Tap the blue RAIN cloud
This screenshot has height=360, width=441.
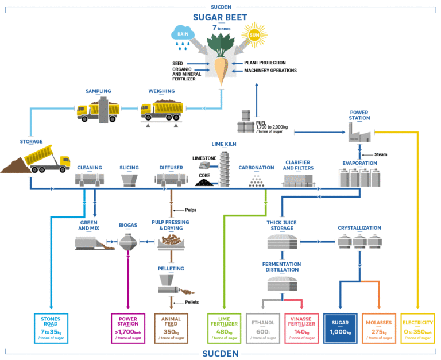184,33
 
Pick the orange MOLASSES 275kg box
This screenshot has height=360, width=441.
378,328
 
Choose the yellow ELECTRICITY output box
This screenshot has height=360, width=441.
417,328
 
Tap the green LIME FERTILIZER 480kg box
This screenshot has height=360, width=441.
224,328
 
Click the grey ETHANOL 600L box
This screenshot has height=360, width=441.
262,328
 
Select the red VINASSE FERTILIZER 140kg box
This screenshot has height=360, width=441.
301,328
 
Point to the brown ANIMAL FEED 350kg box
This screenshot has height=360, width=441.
172,328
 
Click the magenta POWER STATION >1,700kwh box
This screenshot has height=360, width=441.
128,328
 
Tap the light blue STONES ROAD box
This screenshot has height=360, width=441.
51,328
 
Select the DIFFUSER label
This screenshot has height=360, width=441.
171,168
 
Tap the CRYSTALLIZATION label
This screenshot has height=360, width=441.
359,227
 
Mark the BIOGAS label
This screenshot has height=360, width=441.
127,225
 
